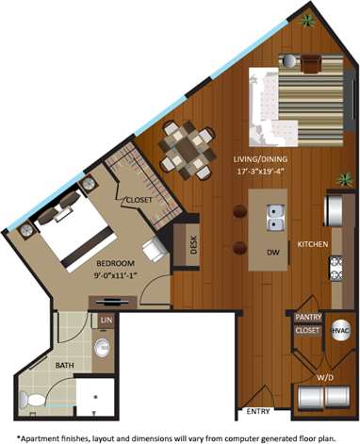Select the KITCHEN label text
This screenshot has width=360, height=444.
313,243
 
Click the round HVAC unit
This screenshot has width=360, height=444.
341,332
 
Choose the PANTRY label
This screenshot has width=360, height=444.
308,319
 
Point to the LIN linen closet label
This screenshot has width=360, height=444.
105,322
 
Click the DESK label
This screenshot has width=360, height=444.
194,247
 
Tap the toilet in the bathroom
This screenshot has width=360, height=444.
35,401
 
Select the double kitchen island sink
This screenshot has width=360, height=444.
275,218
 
